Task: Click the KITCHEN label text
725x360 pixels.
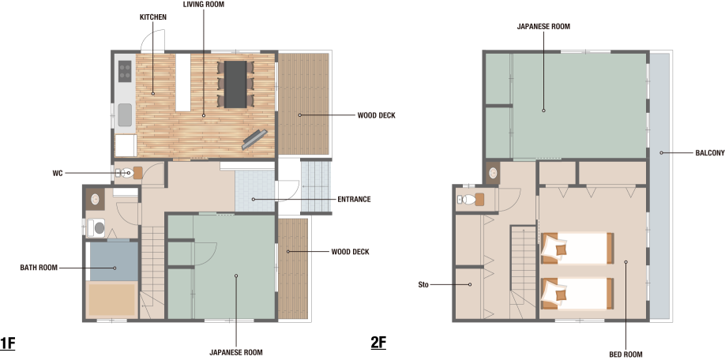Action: coord(153,17)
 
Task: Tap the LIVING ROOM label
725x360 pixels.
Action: coord(204,4)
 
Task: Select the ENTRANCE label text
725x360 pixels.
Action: coord(354,199)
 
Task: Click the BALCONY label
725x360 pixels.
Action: coord(710,153)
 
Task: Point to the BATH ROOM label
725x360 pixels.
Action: coord(39,268)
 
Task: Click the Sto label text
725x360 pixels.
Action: coord(423,285)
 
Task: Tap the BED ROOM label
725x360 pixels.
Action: coord(625,354)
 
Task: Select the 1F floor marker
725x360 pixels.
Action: coord(7,344)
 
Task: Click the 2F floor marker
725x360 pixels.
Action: coord(378,343)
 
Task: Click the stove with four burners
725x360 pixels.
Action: coord(125,71)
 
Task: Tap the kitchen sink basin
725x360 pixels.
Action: coord(125,114)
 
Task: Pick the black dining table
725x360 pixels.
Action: coord(236,84)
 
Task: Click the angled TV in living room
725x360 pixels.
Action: coord(254,140)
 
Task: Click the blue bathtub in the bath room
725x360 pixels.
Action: coord(114,261)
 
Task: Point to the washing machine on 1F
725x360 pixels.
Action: coord(96,227)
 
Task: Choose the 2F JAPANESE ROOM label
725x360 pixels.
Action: coord(543,26)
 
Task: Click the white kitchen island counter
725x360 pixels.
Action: coord(182,82)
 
